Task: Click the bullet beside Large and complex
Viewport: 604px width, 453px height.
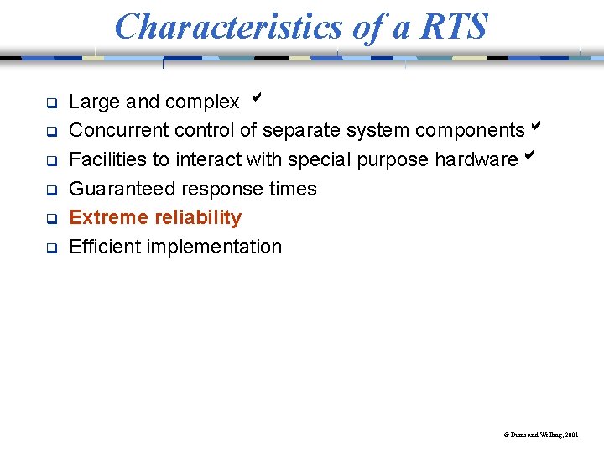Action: [x=50, y=103]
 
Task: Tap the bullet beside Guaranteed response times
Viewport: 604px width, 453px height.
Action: [x=50, y=190]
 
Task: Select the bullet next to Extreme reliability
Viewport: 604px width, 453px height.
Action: [x=50, y=219]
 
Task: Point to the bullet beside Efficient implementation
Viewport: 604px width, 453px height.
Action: [x=50, y=247]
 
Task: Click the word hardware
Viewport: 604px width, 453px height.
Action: [x=476, y=159]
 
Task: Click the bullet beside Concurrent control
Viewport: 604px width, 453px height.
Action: [x=50, y=132]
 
